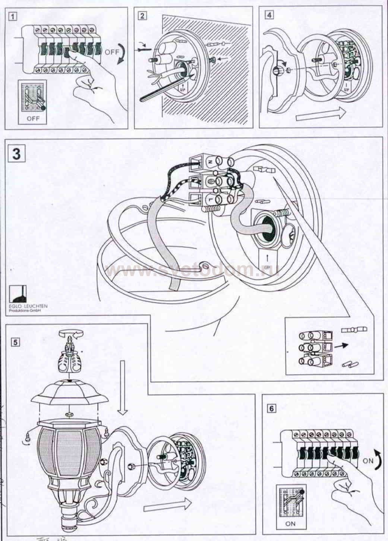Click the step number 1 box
13,16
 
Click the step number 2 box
142,16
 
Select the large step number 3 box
17,153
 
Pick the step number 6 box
272,408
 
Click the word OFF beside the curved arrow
111,53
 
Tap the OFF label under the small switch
33,119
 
